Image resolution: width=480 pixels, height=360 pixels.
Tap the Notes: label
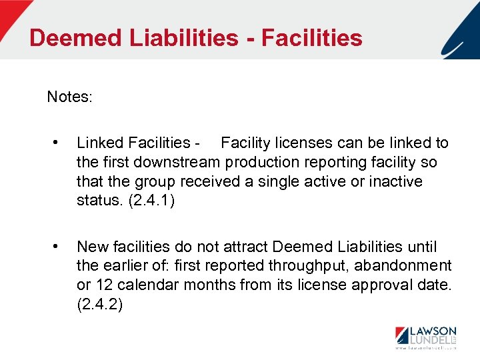coord(70,97)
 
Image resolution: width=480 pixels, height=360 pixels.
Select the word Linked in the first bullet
coord(99,143)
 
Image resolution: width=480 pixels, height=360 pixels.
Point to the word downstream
coord(177,162)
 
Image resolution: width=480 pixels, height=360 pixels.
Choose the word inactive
coord(396,181)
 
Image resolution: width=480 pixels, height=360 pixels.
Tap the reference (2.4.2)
coord(99,305)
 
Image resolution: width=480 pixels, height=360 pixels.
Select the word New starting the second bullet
coord(93,247)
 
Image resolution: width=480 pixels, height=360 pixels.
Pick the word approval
coord(373,285)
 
